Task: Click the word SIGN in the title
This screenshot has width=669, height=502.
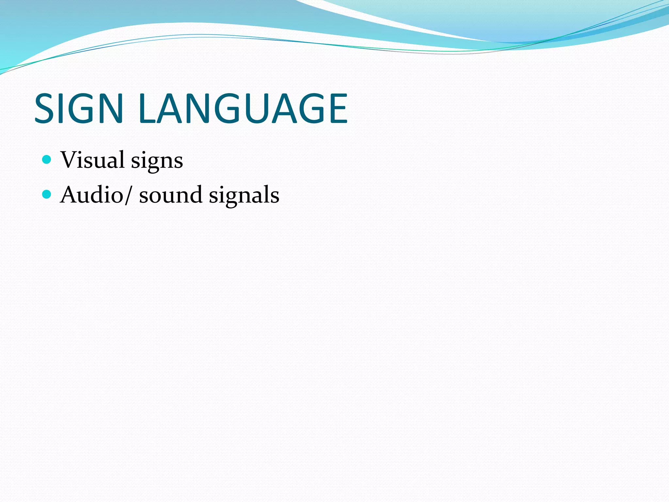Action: coord(78,109)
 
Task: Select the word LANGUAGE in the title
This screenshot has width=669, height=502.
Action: coord(243,109)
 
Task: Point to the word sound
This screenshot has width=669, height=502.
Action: coord(171,195)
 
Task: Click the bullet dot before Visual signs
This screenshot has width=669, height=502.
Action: coord(47,159)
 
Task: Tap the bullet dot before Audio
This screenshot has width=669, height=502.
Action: coord(47,194)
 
